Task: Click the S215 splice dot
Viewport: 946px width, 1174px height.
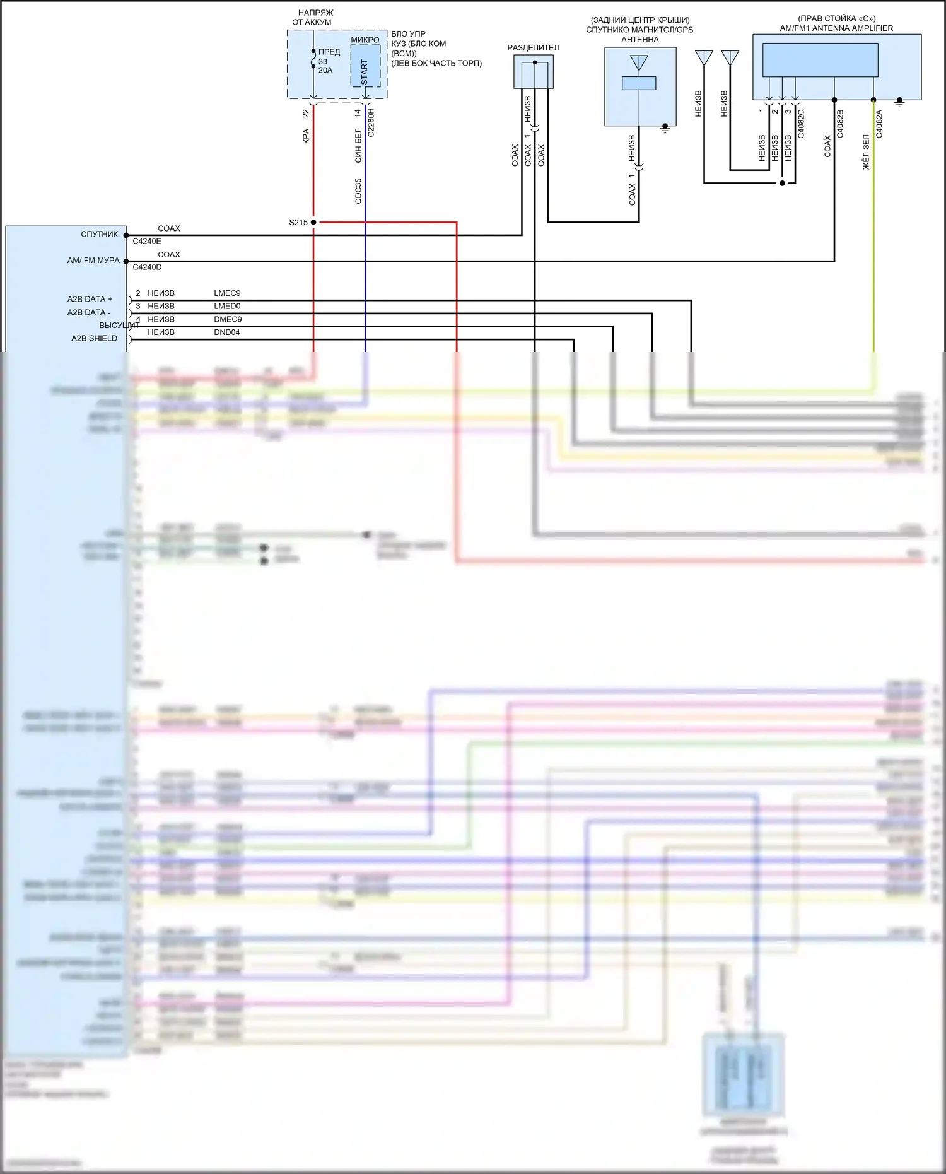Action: point(313,222)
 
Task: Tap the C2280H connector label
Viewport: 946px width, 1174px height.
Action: point(371,122)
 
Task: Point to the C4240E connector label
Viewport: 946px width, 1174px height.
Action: point(147,241)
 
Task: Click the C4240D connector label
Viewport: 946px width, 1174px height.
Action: point(147,267)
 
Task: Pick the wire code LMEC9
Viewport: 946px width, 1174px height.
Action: point(227,293)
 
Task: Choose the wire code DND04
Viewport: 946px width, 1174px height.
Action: point(226,332)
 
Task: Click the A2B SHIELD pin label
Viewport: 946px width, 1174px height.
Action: point(94,338)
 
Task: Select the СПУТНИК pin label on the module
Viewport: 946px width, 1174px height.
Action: point(99,234)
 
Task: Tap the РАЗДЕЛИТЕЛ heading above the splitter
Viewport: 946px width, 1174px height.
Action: point(533,48)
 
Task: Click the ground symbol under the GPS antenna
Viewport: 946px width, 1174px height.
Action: point(665,128)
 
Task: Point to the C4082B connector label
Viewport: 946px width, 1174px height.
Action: point(840,124)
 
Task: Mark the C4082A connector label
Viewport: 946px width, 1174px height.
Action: point(879,124)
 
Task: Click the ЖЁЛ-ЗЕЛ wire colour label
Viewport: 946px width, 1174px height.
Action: point(866,151)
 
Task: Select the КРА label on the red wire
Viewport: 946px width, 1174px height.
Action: point(306,136)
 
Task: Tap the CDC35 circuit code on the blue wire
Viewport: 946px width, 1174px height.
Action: point(358,191)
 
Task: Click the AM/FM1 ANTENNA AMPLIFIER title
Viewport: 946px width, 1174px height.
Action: point(836,28)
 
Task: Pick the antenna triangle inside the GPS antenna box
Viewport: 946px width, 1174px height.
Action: point(639,62)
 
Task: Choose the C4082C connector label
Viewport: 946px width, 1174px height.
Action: point(801,124)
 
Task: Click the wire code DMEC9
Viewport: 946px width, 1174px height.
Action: point(228,319)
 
